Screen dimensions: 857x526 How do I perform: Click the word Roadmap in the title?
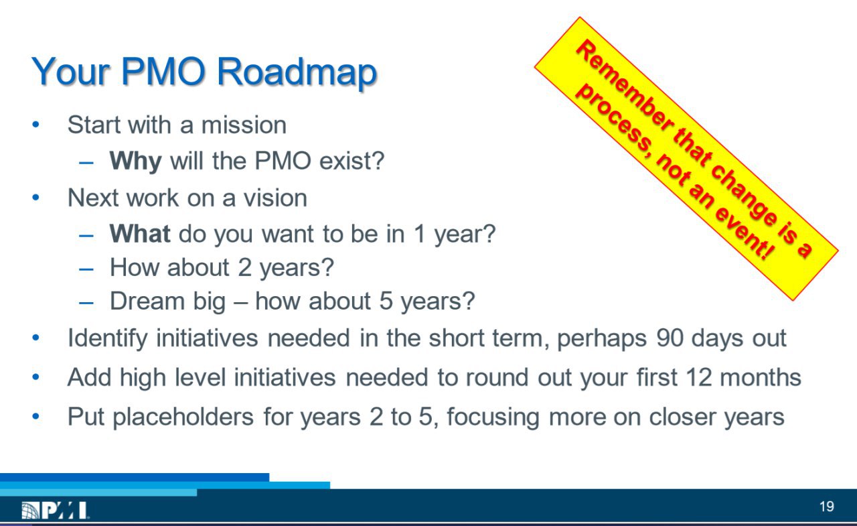tap(297, 72)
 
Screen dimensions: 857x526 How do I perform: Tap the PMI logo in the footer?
tap(55, 511)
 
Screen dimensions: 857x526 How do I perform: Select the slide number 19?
tap(827, 507)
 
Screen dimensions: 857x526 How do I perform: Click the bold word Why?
tap(135, 161)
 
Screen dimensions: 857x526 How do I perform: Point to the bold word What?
tap(140, 233)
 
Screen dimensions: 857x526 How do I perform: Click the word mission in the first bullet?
tap(244, 125)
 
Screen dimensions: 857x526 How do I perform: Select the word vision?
tap(275, 198)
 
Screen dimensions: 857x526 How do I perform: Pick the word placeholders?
tap(183, 417)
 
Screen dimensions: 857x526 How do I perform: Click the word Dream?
tap(147, 301)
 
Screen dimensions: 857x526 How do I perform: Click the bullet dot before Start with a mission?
tap(36, 125)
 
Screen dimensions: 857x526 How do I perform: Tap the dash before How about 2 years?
tap(86, 269)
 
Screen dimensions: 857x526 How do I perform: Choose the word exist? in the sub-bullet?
tap(352, 161)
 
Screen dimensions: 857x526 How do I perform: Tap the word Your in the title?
tap(71, 72)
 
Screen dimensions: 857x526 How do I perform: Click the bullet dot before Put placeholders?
tap(36, 416)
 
